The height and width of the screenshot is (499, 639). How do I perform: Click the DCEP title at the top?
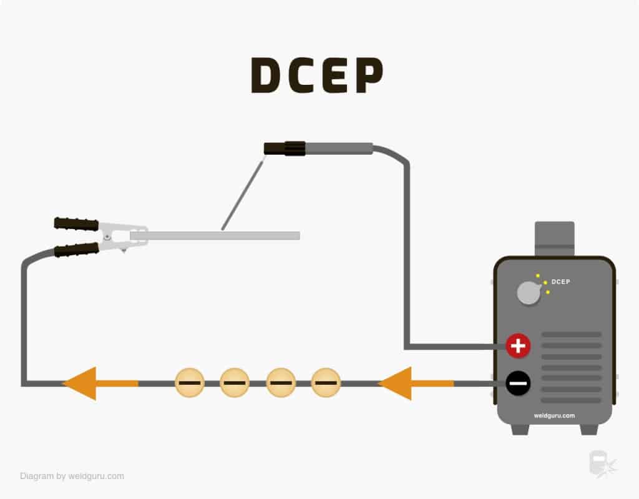point(316,75)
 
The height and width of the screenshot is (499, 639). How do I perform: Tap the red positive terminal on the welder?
point(518,346)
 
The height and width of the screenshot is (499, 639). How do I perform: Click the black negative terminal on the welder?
point(518,383)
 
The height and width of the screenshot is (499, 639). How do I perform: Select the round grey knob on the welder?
point(529,293)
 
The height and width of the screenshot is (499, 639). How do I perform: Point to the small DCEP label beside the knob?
point(560,282)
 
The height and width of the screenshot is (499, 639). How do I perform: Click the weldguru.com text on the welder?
point(554,415)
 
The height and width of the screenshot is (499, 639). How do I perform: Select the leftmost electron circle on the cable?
point(188,383)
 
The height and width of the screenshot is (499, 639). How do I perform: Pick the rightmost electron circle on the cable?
point(326,383)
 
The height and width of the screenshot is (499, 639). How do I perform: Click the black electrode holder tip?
point(285,148)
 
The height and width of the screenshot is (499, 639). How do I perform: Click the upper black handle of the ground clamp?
point(76,224)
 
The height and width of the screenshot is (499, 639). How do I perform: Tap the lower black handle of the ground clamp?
point(76,249)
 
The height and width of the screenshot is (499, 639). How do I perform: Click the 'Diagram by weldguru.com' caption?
point(72,476)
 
